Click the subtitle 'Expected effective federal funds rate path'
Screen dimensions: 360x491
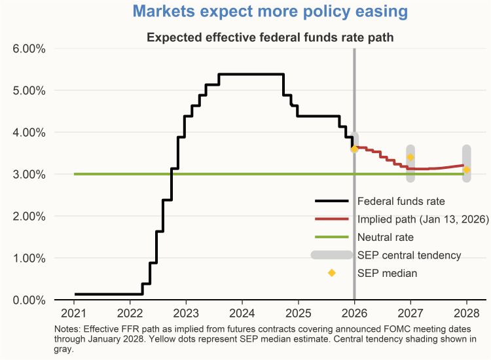(x=270, y=37)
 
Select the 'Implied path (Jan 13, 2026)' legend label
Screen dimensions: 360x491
(x=424, y=219)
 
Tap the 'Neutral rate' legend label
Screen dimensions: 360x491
(x=386, y=237)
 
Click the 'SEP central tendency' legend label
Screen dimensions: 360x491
(x=410, y=255)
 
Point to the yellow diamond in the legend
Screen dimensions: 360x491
(x=332, y=272)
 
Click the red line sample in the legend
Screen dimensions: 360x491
(x=333, y=219)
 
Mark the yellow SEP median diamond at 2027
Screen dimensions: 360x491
(x=410, y=157)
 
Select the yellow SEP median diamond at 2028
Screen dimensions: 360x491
(x=467, y=170)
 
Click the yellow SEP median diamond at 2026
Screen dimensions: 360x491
(x=354, y=149)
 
